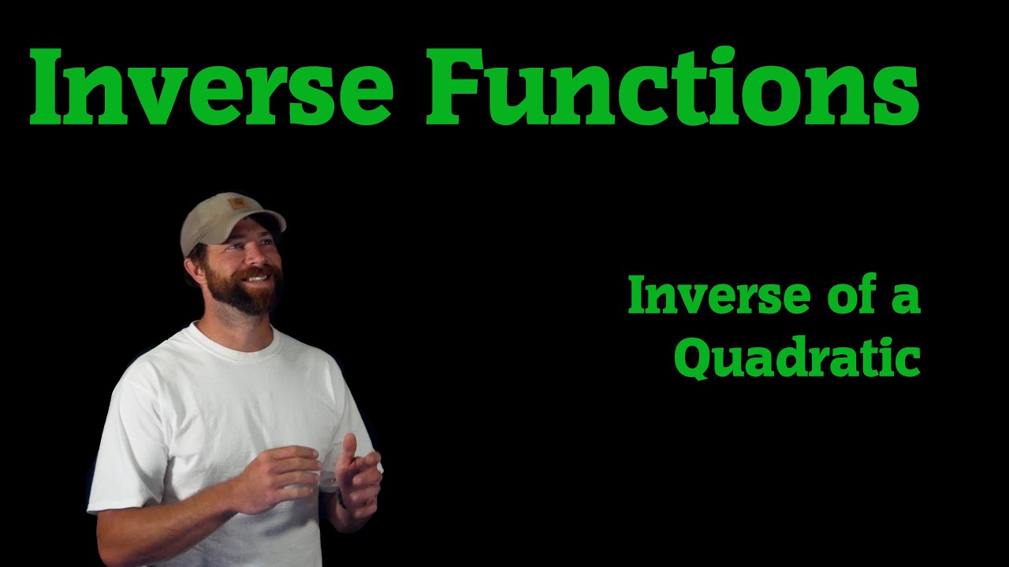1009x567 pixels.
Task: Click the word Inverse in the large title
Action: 211,88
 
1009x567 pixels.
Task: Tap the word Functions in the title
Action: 672,88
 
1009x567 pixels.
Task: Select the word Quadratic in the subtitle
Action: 797,359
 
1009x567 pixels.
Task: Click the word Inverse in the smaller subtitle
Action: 707,297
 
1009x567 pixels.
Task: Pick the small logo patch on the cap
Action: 237,205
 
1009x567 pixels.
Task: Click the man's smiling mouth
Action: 255,278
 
